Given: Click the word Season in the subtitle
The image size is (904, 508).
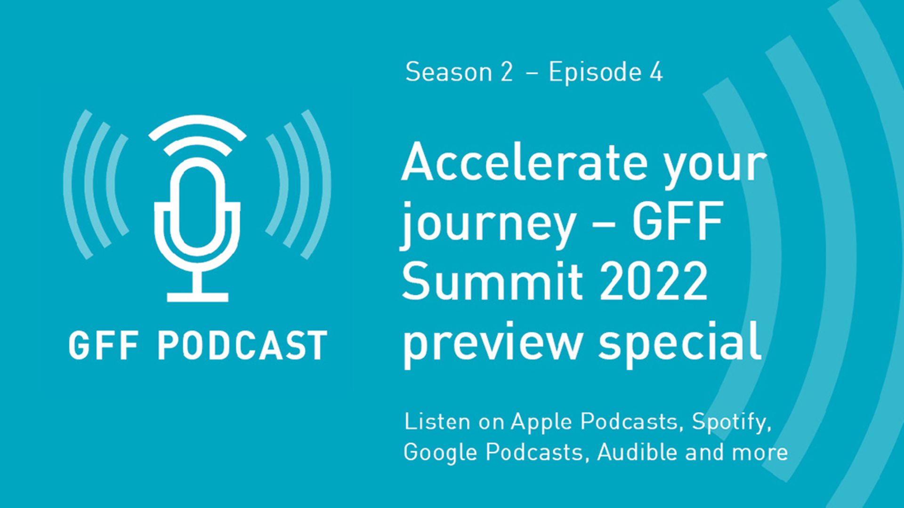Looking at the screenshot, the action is (x=442, y=72).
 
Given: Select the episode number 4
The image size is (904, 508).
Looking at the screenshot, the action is (x=656, y=72).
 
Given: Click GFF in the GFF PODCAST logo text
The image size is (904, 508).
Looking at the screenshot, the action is (x=104, y=346).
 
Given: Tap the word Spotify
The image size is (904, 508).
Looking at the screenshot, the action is (x=731, y=422).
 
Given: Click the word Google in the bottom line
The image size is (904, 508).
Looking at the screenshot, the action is (x=440, y=452).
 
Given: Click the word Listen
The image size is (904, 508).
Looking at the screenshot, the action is (x=437, y=421).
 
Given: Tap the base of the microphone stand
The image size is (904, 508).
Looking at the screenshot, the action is (x=198, y=297).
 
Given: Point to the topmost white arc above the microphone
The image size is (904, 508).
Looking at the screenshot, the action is (x=197, y=127).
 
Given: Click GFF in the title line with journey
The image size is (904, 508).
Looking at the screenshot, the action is (x=677, y=221).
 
